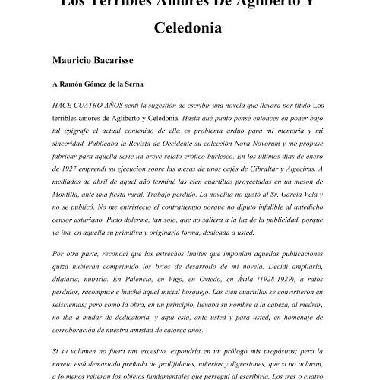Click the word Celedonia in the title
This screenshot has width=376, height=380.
[x=188, y=31]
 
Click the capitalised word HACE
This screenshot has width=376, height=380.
[x=65, y=105]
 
